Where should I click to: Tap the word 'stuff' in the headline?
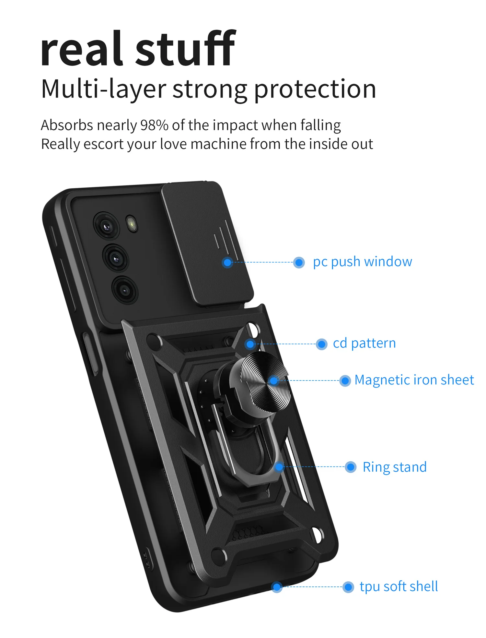(x=185, y=49)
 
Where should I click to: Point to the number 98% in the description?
(x=154, y=125)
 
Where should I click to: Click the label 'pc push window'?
(x=362, y=262)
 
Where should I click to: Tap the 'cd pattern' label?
(x=364, y=343)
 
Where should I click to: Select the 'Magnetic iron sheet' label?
(x=414, y=380)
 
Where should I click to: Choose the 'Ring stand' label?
(x=394, y=467)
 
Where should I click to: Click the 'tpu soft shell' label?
(x=399, y=586)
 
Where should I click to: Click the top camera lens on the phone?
(x=106, y=226)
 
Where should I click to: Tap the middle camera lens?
(x=116, y=258)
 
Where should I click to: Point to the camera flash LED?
(x=132, y=223)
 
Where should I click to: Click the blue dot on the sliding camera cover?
(x=228, y=262)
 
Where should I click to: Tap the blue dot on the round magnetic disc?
(x=274, y=381)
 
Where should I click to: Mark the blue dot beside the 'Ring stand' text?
(x=351, y=467)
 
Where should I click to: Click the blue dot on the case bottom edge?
(x=277, y=587)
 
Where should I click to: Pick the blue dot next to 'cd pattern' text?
(x=321, y=344)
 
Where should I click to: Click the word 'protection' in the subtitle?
(x=315, y=89)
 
